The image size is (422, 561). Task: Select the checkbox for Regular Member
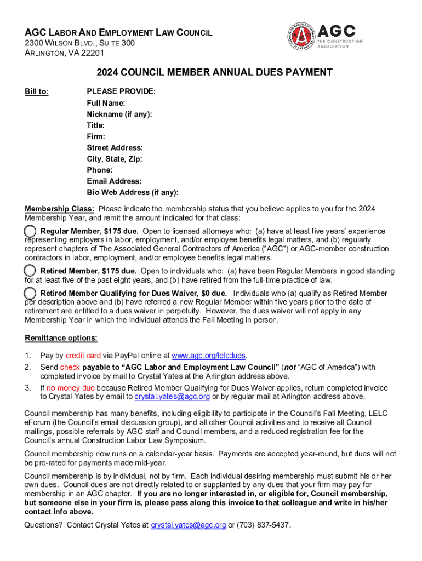31,231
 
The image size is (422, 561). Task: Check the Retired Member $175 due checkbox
31,271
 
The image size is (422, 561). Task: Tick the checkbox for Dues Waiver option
31,293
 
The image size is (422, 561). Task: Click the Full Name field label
106,103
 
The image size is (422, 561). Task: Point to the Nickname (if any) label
119,114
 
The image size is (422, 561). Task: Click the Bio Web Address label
132,192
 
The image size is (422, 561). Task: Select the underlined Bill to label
37,92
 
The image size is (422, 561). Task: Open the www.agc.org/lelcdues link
209,356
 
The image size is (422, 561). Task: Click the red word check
70,367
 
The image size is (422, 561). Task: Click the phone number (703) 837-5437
263,525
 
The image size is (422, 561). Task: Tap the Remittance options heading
61,337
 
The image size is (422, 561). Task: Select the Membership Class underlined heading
60,209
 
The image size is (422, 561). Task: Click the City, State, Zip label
114,159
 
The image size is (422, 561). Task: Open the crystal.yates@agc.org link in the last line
188,525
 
